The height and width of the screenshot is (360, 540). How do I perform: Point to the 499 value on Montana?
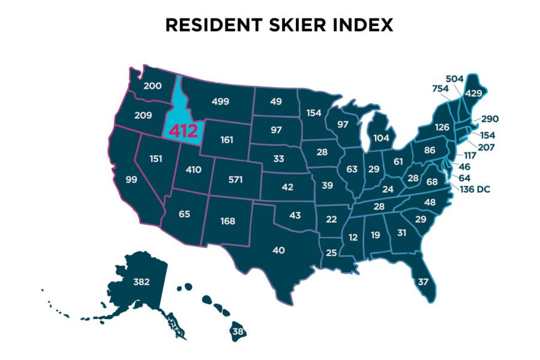[x=220, y=101]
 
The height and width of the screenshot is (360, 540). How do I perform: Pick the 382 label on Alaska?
[x=141, y=281]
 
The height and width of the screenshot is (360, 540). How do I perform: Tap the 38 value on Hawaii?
[x=239, y=331]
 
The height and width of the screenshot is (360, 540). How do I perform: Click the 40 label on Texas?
[x=278, y=250]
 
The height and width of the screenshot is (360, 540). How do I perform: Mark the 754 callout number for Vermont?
[x=440, y=89]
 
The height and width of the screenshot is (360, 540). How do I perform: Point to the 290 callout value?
[x=489, y=119]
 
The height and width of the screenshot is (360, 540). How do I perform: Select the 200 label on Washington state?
[x=152, y=86]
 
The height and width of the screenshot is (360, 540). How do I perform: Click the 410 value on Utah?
[x=193, y=170]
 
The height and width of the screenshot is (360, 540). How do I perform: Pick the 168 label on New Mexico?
[x=227, y=221]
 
